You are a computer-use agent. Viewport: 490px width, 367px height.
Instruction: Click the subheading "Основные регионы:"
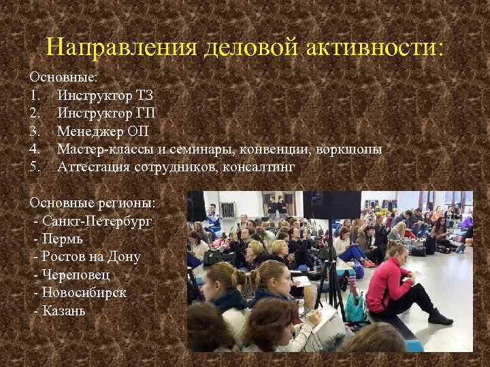[93, 203]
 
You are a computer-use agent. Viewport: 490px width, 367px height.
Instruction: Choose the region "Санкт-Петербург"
[97, 221]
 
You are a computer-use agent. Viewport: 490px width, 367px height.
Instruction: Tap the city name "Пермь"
[62, 239]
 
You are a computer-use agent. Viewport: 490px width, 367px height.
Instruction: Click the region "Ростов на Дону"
[91, 256]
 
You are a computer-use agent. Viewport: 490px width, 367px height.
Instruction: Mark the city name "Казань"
[64, 311]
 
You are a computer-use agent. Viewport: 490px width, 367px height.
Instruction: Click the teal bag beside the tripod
[355, 305]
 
